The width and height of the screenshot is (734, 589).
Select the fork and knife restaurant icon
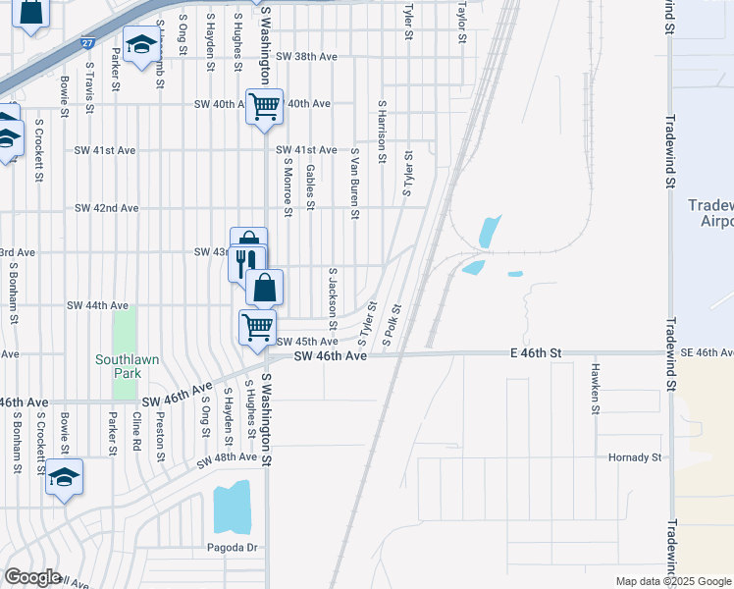246,261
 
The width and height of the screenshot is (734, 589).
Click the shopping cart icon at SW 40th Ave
264,105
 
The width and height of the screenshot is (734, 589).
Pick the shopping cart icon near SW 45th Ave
258,326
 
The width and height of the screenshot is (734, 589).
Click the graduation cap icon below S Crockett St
64,477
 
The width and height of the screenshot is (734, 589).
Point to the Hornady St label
635,457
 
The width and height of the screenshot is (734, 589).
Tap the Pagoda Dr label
231,547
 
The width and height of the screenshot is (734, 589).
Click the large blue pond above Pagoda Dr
232,508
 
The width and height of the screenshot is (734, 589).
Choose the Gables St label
309,187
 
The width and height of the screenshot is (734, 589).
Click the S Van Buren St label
355,186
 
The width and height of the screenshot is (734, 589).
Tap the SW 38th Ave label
306,57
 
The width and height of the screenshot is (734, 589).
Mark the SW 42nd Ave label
107,208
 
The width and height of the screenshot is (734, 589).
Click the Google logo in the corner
31,577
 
